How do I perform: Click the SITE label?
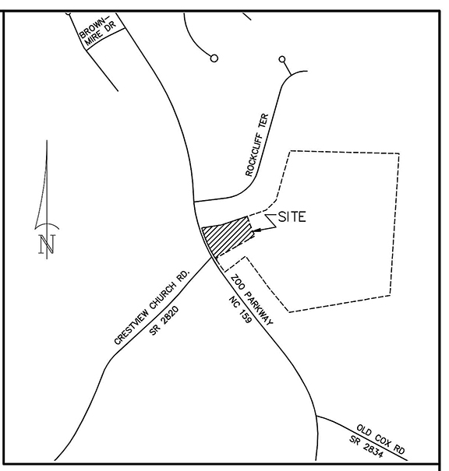[292, 217]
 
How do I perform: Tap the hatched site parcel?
[227, 236]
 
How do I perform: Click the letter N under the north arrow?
[48, 244]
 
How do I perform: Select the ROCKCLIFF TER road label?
[256, 145]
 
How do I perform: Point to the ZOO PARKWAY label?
[252, 300]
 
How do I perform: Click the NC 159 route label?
[240, 310]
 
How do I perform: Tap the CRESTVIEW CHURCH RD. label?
[152, 307]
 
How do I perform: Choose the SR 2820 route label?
[164, 320]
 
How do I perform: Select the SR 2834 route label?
[366, 447]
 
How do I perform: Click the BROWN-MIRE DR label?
[97, 30]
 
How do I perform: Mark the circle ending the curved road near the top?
[214, 58]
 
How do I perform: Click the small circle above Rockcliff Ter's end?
[282, 59]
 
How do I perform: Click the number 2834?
[373, 451]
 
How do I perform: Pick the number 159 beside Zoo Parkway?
[244, 315]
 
